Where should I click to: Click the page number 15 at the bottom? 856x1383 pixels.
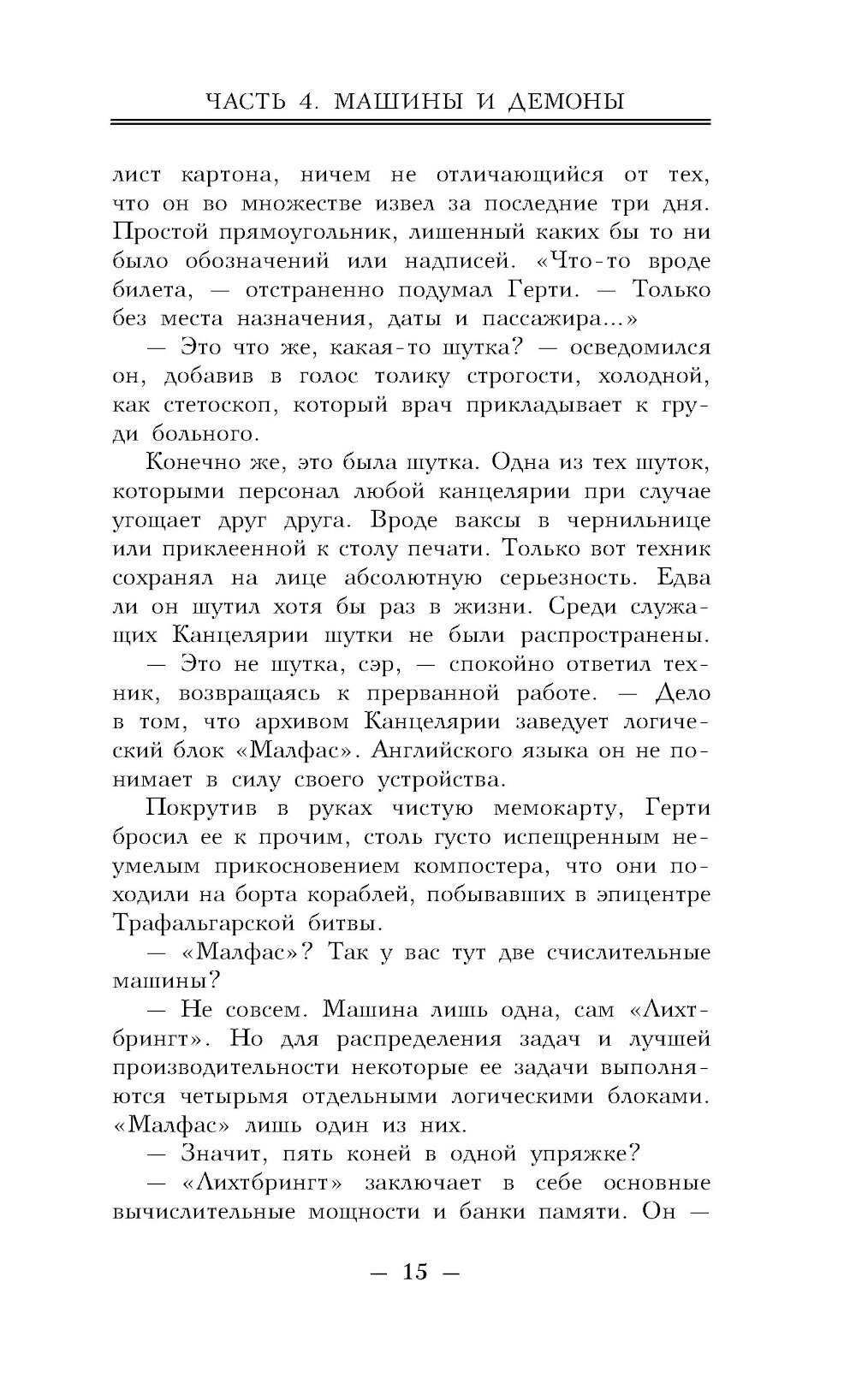[414, 1272]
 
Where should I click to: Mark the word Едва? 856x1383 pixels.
[681, 578]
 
